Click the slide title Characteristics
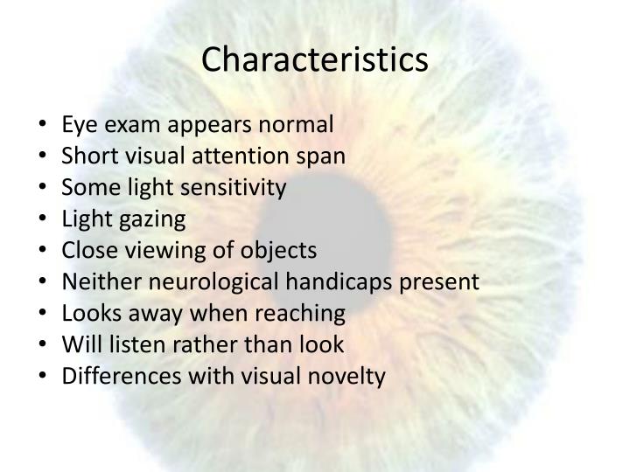click(315, 59)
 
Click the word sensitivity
click(237, 188)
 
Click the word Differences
click(111, 377)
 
